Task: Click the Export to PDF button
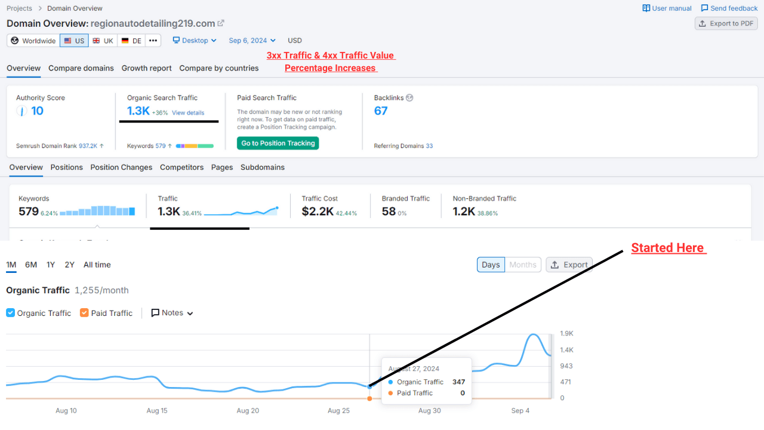tap(726, 23)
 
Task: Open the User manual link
tap(667, 8)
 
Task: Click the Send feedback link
tap(729, 8)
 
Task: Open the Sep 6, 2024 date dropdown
tap(252, 41)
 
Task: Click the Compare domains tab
tap(81, 68)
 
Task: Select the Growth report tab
tap(146, 68)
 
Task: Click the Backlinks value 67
tap(381, 110)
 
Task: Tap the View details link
tap(188, 113)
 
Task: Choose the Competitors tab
tap(181, 167)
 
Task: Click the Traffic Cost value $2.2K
tap(318, 211)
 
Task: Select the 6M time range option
tap(31, 265)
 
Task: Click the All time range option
tap(97, 265)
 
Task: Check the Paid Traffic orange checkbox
tap(84, 313)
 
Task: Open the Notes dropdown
tap(172, 313)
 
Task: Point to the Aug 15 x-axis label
tap(157, 410)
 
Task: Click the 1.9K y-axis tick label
tap(566, 333)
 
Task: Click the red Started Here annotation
tap(668, 248)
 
